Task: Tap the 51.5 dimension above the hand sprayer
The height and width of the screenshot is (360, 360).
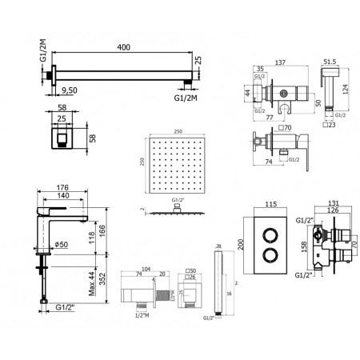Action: (x=329, y=62)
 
